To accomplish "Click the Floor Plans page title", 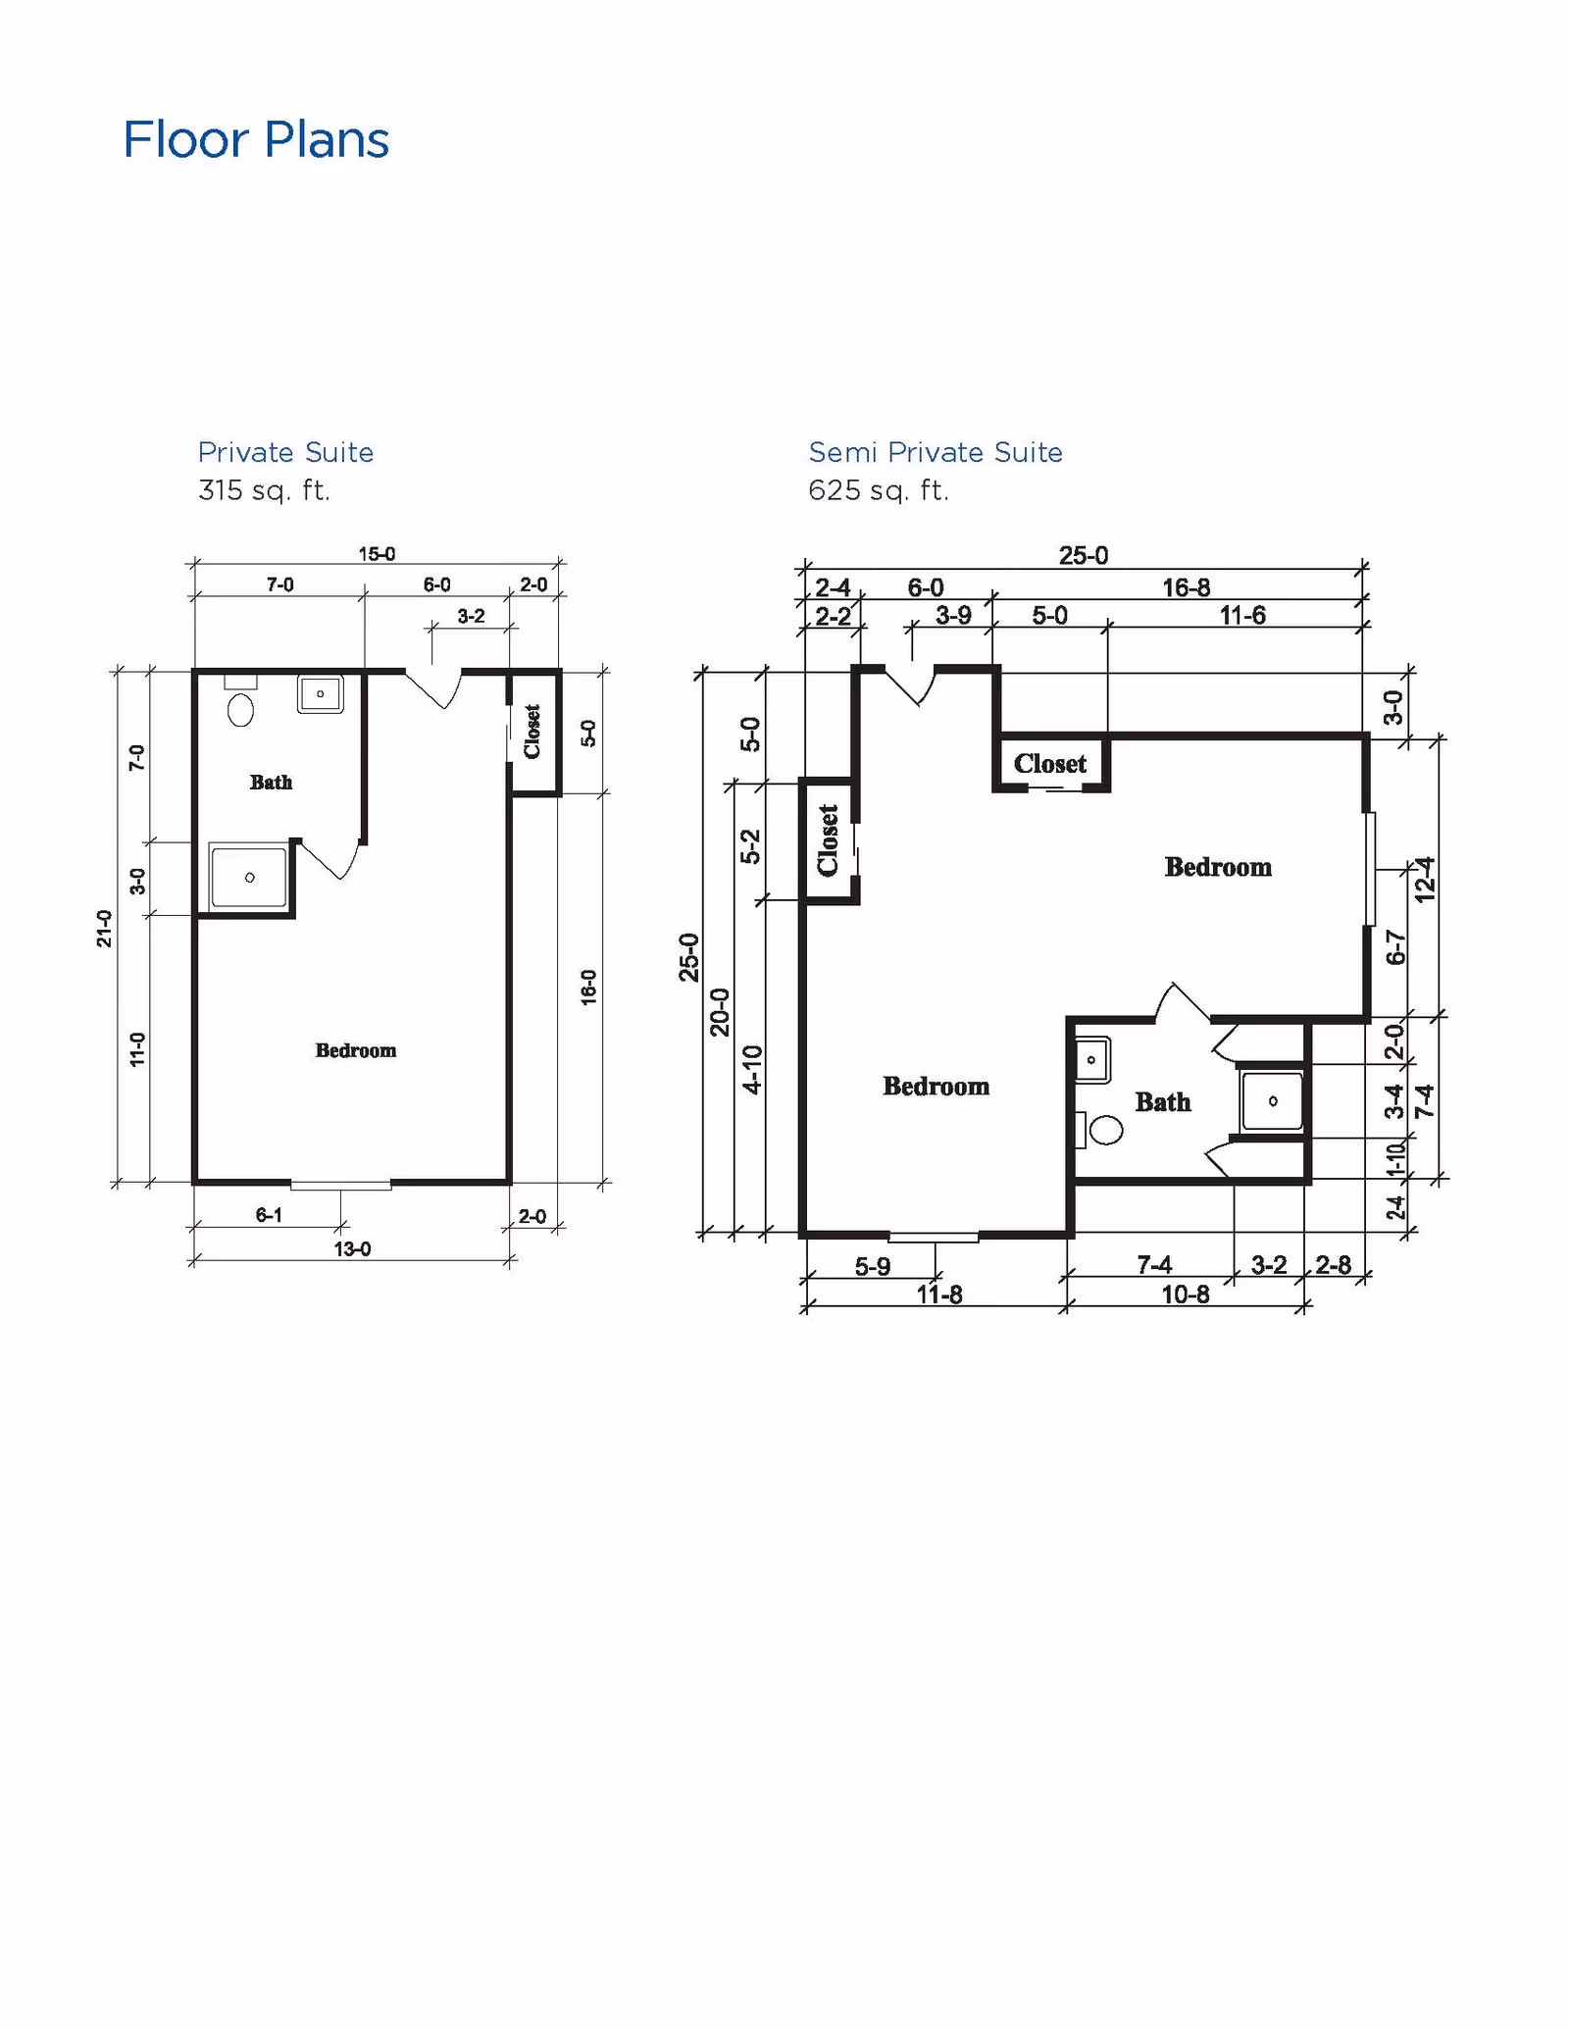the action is click(256, 139).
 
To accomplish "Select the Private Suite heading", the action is click(285, 452).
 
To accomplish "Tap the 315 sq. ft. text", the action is click(264, 489).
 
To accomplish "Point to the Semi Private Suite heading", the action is click(936, 452).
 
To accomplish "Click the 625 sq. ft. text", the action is click(879, 489).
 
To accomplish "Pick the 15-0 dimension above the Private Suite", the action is click(377, 554).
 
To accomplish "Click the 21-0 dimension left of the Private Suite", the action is click(104, 928).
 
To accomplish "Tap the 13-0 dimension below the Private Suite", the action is click(353, 1249).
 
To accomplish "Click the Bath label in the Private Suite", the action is click(271, 782).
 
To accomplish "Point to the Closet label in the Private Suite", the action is click(532, 732).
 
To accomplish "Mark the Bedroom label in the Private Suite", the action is click(356, 1050).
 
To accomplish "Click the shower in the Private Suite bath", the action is click(250, 877).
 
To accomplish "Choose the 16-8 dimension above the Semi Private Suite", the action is click(1187, 587).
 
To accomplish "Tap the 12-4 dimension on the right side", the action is click(1425, 879).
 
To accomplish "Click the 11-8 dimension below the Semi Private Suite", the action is click(939, 1294).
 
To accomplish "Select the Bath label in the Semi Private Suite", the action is click(1163, 1102).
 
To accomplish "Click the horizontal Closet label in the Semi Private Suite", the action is click(1050, 764).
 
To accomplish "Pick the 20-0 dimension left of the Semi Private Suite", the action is click(721, 1012).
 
